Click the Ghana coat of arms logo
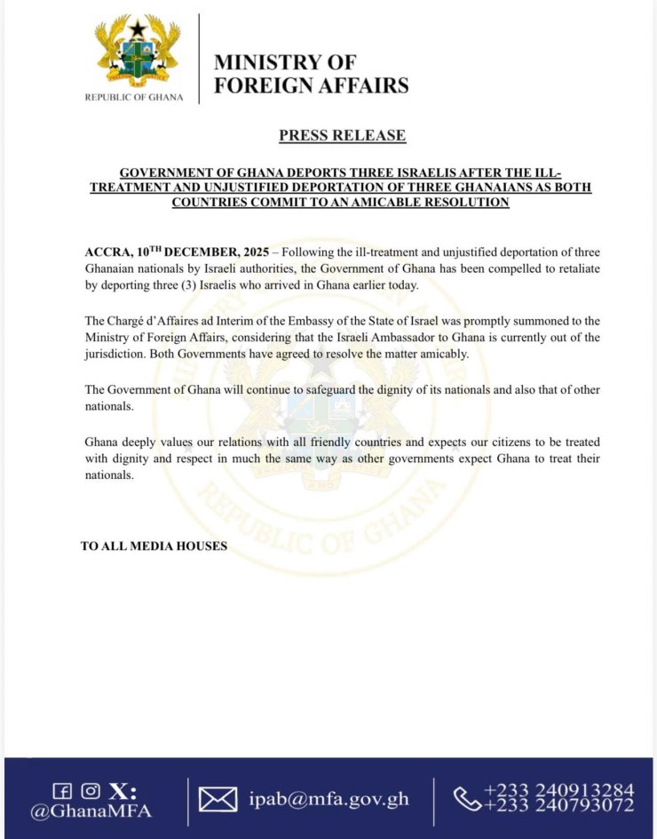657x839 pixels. pyautogui.click(x=139, y=52)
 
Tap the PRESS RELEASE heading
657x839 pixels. pyautogui.click(x=342, y=135)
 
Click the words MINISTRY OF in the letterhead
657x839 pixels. pyautogui.click(x=284, y=62)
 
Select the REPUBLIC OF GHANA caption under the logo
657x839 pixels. pyautogui.click(x=135, y=97)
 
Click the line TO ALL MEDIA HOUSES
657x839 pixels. pyautogui.click(x=154, y=546)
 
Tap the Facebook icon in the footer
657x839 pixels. pyautogui.click(x=62, y=791)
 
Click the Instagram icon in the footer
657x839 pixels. pyautogui.click(x=89, y=791)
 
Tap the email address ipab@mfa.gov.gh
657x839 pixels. pyautogui.click(x=328, y=799)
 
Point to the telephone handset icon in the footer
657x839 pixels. pyautogui.click(x=467, y=799)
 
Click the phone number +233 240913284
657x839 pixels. pyautogui.click(x=558, y=790)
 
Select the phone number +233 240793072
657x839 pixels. pyautogui.click(x=558, y=806)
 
